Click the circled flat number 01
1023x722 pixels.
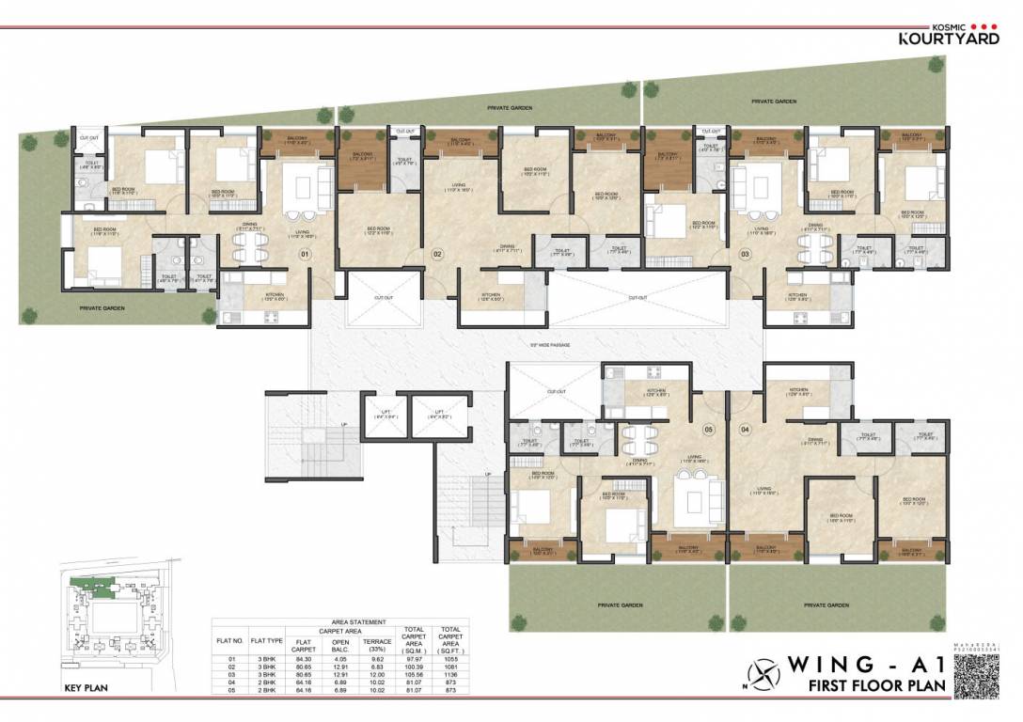pyautogui.click(x=304, y=253)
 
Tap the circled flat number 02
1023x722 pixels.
pyautogui.click(x=437, y=254)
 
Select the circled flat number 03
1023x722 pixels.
pyautogui.click(x=746, y=254)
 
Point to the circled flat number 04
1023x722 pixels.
pyautogui.click(x=747, y=430)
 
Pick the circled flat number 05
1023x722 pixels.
pyautogui.click(x=709, y=430)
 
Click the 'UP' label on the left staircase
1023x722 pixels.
pyautogui.click(x=344, y=425)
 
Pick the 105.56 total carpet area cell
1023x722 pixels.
pyautogui.click(x=414, y=674)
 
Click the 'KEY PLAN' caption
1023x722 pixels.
pyautogui.click(x=86, y=688)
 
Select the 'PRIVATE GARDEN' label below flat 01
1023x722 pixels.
pyautogui.click(x=102, y=307)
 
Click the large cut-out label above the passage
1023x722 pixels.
pyautogui.click(x=637, y=298)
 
